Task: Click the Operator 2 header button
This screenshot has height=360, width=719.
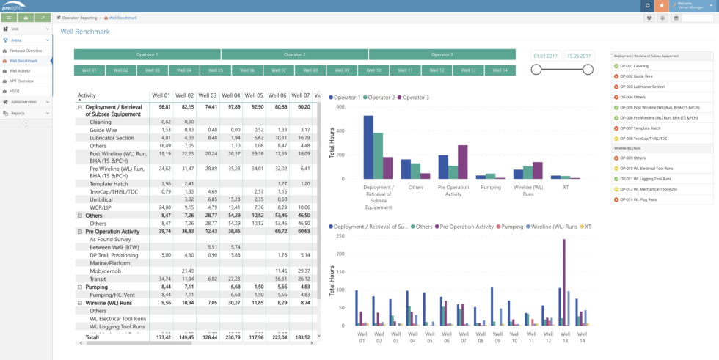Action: point(294,54)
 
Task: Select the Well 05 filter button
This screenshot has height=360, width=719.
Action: point(216,70)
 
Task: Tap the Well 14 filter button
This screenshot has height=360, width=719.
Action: point(500,70)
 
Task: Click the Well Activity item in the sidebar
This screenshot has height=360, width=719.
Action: point(20,71)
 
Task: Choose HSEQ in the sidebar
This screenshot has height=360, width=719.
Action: point(15,92)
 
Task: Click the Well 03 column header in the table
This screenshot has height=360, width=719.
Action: point(208,95)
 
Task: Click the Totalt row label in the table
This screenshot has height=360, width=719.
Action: point(92,337)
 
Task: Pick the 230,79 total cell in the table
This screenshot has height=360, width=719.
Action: point(231,337)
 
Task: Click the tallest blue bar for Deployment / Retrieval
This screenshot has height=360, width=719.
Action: point(368,147)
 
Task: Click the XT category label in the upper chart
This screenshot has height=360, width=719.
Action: point(566,186)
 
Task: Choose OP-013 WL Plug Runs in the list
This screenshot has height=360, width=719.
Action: point(638,199)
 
